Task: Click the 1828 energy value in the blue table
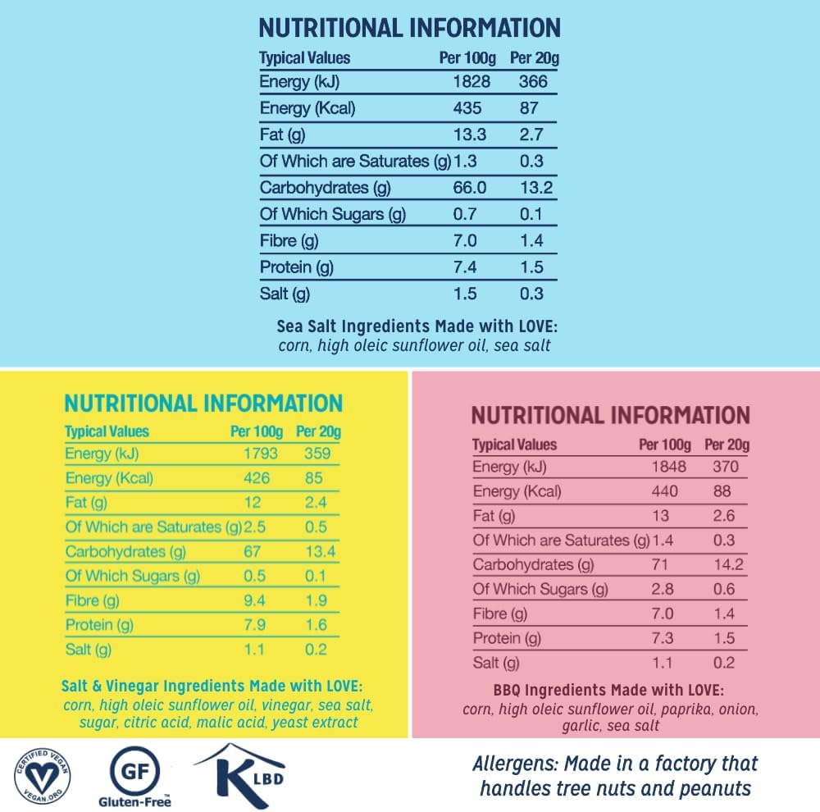tap(471, 82)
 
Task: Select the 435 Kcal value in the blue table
tap(468, 108)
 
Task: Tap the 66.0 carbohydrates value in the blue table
tap(470, 188)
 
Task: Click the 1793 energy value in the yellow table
tap(261, 453)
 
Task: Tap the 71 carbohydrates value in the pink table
tap(660, 565)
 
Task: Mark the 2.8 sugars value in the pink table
tap(663, 590)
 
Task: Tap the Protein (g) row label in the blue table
tap(297, 267)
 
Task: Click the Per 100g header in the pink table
tap(666, 445)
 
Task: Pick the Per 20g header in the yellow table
tap(318, 431)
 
